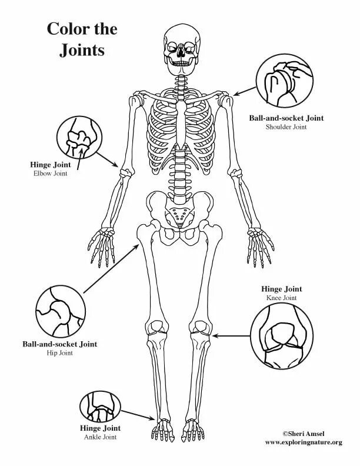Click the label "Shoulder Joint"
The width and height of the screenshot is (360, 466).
pos(286,127)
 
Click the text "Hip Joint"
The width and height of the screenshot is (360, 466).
pos(59,353)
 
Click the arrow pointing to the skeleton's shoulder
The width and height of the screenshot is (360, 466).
pos(244,91)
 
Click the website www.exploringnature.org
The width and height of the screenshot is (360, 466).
pos(303,441)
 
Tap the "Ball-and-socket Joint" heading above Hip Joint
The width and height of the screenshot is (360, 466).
pos(60,344)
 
